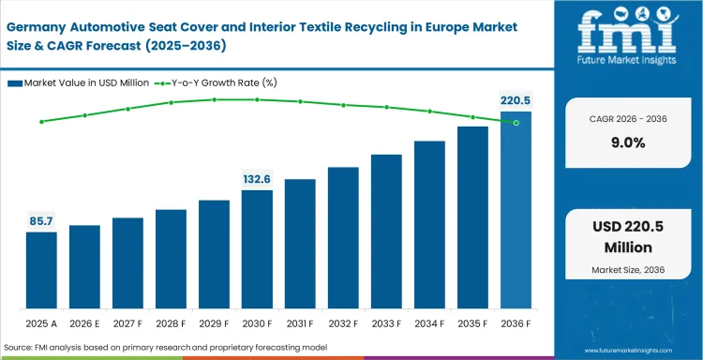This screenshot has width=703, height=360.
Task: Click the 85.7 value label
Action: click(41, 221)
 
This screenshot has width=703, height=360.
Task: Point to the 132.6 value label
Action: click(257, 179)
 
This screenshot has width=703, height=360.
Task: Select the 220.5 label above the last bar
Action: click(515, 100)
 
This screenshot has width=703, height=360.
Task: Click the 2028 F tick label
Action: click(171, 323)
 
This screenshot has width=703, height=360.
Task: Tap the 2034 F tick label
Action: click(429, 323)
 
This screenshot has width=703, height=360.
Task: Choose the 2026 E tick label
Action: click(84, 323)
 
